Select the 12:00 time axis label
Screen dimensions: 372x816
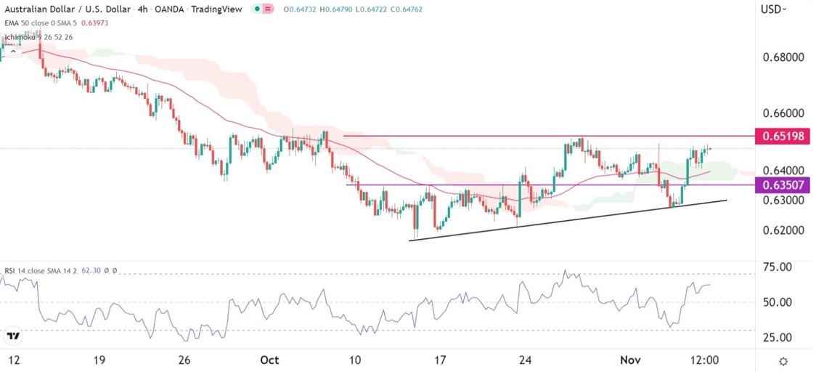click(704, 360)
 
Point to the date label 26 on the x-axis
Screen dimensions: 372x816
click(184, 360)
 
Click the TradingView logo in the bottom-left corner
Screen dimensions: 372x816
click(13, 336)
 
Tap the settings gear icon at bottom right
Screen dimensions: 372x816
click(784, 361)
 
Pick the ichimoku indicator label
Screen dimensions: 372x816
click(20, 36)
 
